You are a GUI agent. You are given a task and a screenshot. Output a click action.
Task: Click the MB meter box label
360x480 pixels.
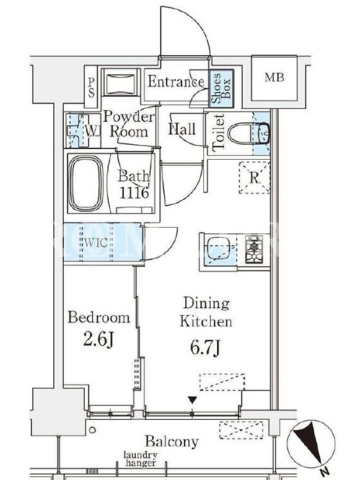coord(274,78)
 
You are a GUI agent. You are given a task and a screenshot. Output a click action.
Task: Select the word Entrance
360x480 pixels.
coord(176,82)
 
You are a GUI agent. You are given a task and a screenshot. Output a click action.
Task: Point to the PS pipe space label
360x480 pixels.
coord(91,88)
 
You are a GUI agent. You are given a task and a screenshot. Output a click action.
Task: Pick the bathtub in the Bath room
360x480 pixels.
coord(86,183)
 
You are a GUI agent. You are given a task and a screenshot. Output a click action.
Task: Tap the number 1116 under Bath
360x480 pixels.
coord(134,193)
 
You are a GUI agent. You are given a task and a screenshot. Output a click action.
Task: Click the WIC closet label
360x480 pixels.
coord(96,243)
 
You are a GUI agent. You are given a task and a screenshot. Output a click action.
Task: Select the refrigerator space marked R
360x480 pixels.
coord(254,177)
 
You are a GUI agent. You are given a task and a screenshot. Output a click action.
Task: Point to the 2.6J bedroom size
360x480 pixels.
coord(98,340)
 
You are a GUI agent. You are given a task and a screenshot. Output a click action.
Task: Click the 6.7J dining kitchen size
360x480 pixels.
coord(205,349)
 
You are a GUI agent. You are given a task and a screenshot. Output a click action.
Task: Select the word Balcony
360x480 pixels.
coord(172,442)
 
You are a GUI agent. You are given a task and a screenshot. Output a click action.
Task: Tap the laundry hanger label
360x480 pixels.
coord(141,459)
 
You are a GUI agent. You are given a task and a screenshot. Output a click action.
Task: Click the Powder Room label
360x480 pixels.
coord(128,124)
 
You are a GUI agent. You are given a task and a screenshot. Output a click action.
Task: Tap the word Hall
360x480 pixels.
coord(182,129)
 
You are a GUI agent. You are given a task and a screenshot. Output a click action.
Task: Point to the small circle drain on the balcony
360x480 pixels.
coord(92,430)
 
